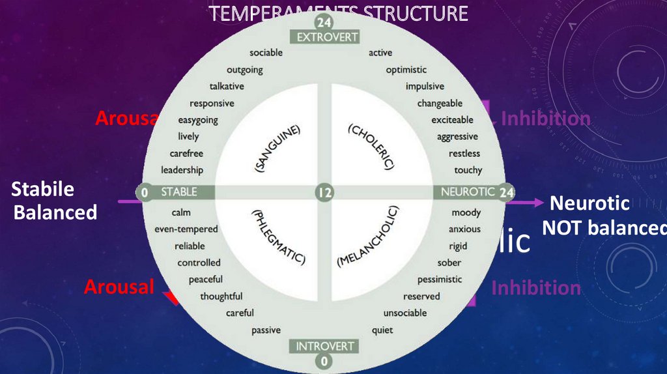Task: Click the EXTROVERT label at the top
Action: [327, 37]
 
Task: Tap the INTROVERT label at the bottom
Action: [325, 346]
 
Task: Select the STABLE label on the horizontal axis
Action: [178, 192]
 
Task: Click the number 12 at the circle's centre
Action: [324, 192]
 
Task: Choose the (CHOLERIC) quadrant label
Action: [372, 147]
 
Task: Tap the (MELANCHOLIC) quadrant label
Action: [369, 237]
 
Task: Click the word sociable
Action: [266, 53]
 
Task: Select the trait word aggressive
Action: [457, 137]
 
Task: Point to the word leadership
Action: [182, 170]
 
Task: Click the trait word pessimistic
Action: [439, 280]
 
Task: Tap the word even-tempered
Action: [186, 229]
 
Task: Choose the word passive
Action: [266, 330]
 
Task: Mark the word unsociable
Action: [405, 313]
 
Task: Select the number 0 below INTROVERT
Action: [325, 361]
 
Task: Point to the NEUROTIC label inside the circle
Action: [468, 192]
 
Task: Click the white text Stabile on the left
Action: [43, 190]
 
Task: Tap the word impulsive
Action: [425, 86]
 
